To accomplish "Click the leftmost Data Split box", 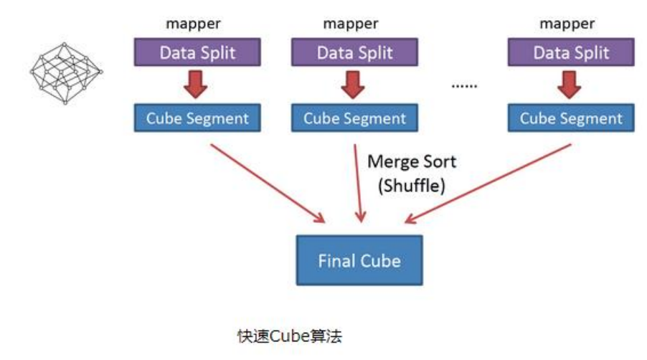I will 197,52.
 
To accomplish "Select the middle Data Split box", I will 354,52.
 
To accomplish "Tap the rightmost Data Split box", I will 570,52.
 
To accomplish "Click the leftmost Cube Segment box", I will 197,118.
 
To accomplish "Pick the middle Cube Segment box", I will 354,118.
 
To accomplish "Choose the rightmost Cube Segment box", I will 570,118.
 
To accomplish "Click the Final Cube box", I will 359,260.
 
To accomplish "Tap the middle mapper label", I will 351,24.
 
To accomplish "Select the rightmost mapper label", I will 567,24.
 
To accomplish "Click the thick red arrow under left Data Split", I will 195,84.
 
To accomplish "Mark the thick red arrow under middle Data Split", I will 352,84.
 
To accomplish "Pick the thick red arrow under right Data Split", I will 569,84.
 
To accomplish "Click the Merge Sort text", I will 411,161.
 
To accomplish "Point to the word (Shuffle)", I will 411,185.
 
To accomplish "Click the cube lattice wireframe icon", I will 65,72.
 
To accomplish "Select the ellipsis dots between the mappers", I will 464,85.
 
